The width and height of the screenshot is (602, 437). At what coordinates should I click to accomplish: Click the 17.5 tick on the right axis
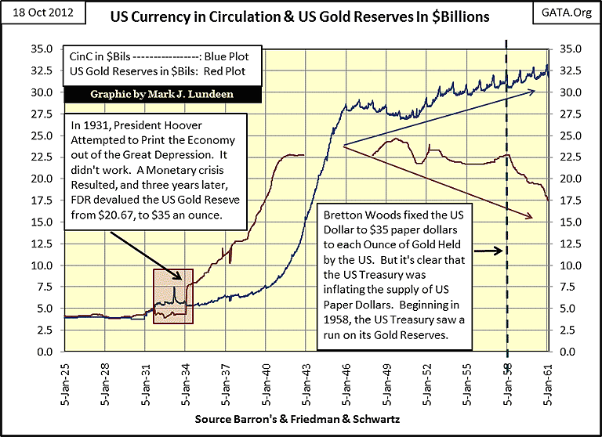click(567, 200)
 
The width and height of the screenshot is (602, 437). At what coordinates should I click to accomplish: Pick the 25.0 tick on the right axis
click(567, 135)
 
